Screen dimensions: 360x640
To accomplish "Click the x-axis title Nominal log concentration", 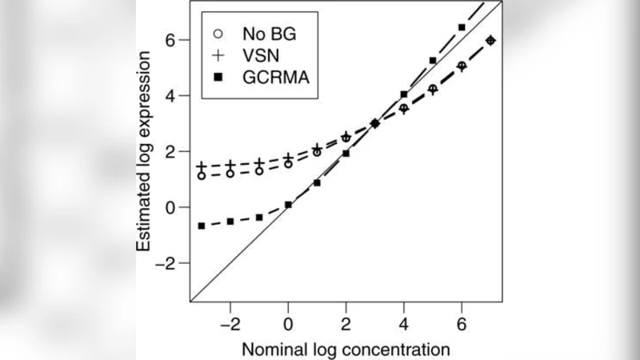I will coord(346,349).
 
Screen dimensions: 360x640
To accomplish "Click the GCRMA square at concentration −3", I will coord(202,226).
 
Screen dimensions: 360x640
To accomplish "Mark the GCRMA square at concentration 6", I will coord(462,27).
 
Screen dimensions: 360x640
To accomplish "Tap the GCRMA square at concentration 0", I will coord(288,205).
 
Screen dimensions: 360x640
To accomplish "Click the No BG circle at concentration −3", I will coord(202,175).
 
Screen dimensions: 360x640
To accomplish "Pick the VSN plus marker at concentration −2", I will coord(230,165).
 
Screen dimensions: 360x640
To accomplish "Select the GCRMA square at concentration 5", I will coord(433,60).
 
